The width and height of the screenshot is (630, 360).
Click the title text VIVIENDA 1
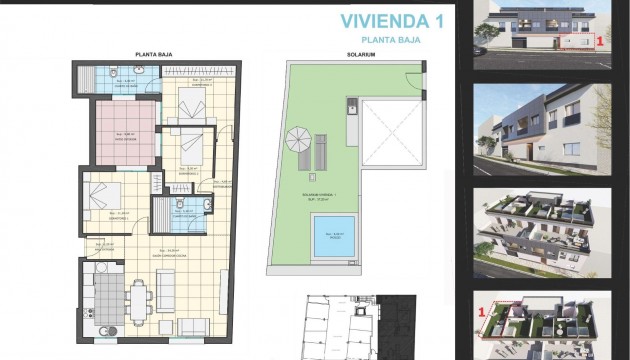click(x=378, y=20)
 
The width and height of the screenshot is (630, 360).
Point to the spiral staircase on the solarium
click(x=298, y=141)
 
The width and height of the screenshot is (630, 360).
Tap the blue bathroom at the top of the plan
click(x=123, y=78)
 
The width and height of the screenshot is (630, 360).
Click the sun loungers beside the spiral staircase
click(x=322, y=152)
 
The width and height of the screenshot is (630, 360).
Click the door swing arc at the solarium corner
click(x=413, y=80)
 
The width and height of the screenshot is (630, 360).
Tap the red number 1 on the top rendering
click(x=600, y=43)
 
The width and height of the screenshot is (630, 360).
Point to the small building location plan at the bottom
click(x=344, y=326)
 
